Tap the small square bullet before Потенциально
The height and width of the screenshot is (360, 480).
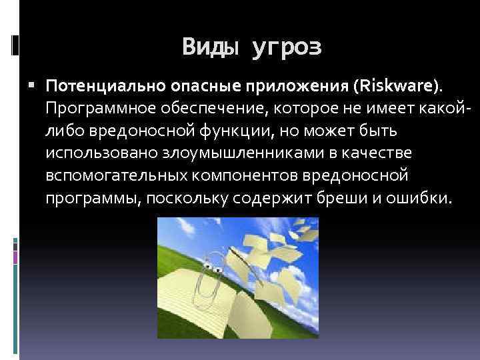(34, 86)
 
